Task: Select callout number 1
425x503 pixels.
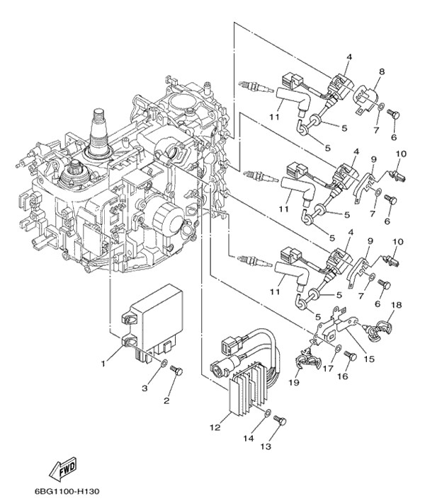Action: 103,364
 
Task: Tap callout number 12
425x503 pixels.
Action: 214,428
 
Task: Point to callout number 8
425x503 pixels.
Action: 381,71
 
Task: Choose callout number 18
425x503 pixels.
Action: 396,305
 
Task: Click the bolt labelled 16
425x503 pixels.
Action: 349,358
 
